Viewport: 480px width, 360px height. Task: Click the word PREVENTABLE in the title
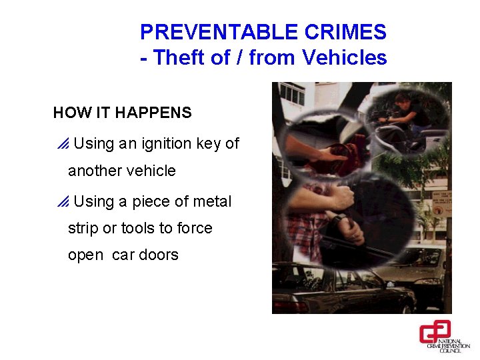click(x=212, y=32)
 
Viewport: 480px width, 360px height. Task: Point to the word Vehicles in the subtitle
click(x=345, y=58)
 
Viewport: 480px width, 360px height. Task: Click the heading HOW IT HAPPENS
click(x=122, y=113)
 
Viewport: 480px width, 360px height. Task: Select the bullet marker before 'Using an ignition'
click(x=63, y=144)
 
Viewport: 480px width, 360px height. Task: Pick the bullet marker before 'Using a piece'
click(x=63, y=202)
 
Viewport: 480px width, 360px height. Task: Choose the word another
click(x=91, y=171)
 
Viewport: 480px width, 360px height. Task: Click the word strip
click(x=83, y=228)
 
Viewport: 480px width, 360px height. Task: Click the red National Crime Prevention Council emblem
click(x=435, y=331)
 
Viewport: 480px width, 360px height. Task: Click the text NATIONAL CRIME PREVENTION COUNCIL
click(x=449, y=344)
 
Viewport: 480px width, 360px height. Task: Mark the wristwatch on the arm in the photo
click(x=339, y=220)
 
